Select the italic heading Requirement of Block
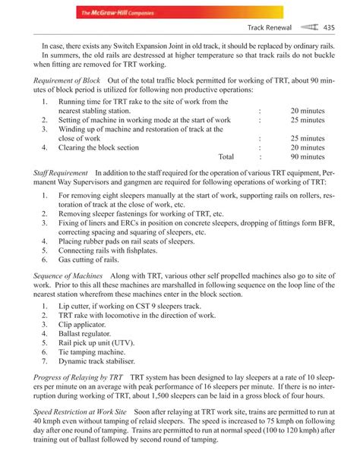(x=62, y=80)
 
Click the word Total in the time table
(x=226, y=158)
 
